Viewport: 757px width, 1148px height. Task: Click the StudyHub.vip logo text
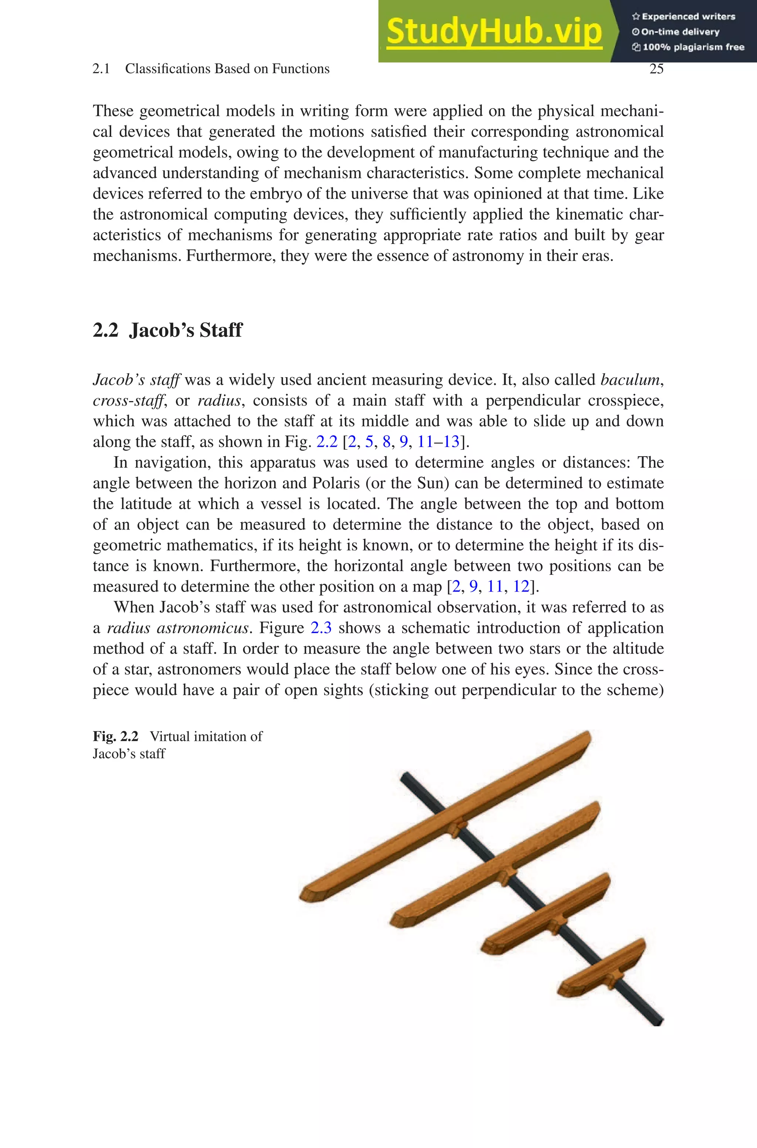(494, 31)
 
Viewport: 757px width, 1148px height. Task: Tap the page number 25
(656, 69)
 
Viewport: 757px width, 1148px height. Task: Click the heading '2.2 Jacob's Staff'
(167, 331)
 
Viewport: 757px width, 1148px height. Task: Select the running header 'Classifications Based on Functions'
(227, 69)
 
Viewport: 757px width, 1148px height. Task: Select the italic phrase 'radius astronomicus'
(177, 628)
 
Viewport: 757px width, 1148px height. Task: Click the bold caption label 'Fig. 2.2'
(115, 737)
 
